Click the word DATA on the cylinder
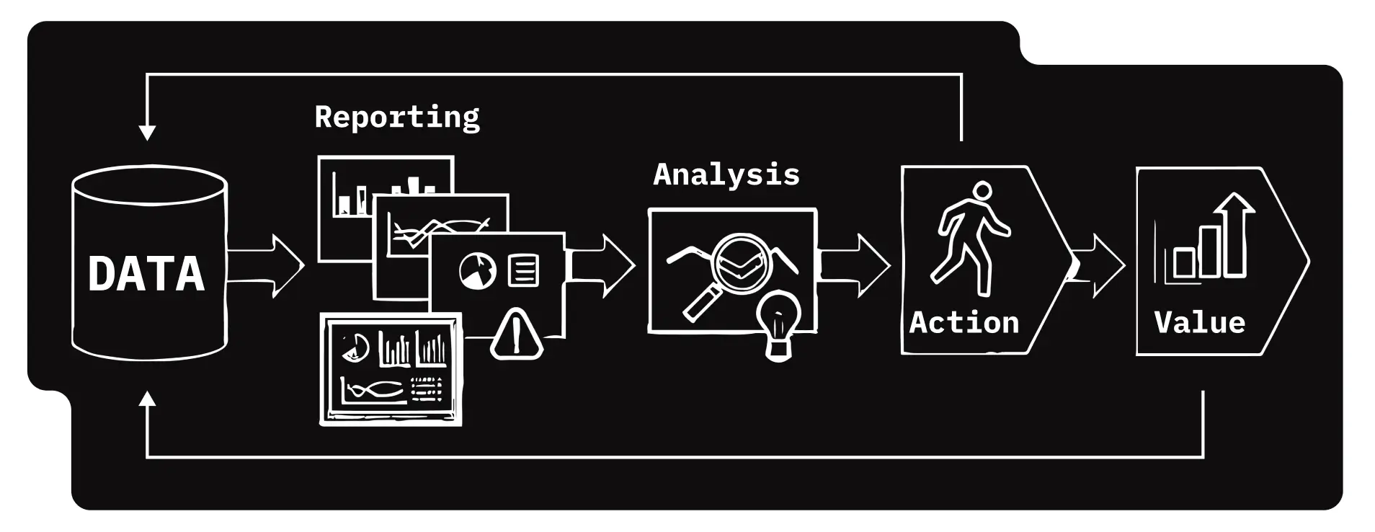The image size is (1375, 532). pyautogui.click(x=146, y=274)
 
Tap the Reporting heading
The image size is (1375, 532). pyautogui.click(x=397, y=117)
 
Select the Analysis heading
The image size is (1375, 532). pyautogui.click(x=726, y=175)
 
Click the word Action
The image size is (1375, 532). pyautogui.click(x=964, y=322)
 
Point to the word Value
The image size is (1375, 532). pyautogui.click(x=1200, y=322)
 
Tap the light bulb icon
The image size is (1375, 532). pyautogui.click(x=778, y=324)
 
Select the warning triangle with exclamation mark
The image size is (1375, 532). pyautogui.click(x=516, y=334)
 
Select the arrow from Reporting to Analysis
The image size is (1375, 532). pyautogui.click(x=601, y=265)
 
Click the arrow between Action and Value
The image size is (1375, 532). pyautogui.click(x=1098, y=265)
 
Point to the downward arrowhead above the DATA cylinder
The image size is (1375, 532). pyautogui.click(x=147, y=133)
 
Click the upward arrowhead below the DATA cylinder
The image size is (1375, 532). pyautogui.click(x=147, y=399)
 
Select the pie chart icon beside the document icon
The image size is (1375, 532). pyautogui.click(x=477, y=271)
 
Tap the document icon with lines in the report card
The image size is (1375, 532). pyautogui.click(x=523, y=271)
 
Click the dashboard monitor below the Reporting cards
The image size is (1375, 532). pyautogui.click(x=391, y=369)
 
